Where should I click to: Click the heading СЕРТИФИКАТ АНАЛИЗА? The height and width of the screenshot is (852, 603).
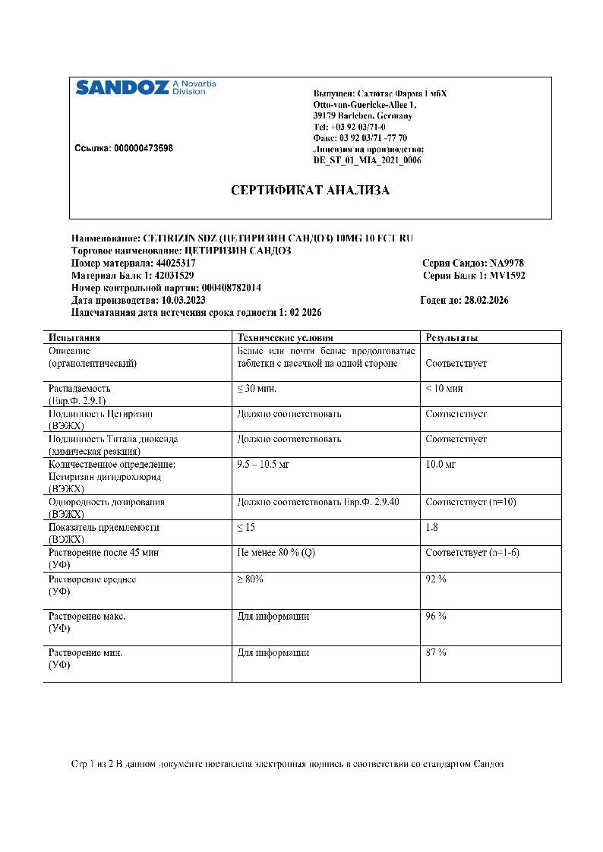310,191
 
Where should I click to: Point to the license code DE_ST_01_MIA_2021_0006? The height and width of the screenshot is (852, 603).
367,160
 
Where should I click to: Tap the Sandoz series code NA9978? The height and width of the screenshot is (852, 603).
507,263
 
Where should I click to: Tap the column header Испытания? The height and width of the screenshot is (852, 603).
74,338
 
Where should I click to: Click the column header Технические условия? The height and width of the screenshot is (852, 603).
285,338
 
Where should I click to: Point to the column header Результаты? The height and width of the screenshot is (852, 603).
452,338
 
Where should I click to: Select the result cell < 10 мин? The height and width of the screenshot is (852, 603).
444,389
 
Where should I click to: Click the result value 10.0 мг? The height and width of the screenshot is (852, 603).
440,463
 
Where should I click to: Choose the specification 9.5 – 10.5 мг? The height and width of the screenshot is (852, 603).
265,463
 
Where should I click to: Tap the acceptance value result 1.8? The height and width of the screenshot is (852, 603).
432,527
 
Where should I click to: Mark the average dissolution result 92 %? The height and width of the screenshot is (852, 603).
436,579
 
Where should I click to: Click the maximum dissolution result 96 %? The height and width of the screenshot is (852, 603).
436,616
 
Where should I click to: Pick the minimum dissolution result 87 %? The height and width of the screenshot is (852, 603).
436,652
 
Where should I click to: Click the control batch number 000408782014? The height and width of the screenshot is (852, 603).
231,288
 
